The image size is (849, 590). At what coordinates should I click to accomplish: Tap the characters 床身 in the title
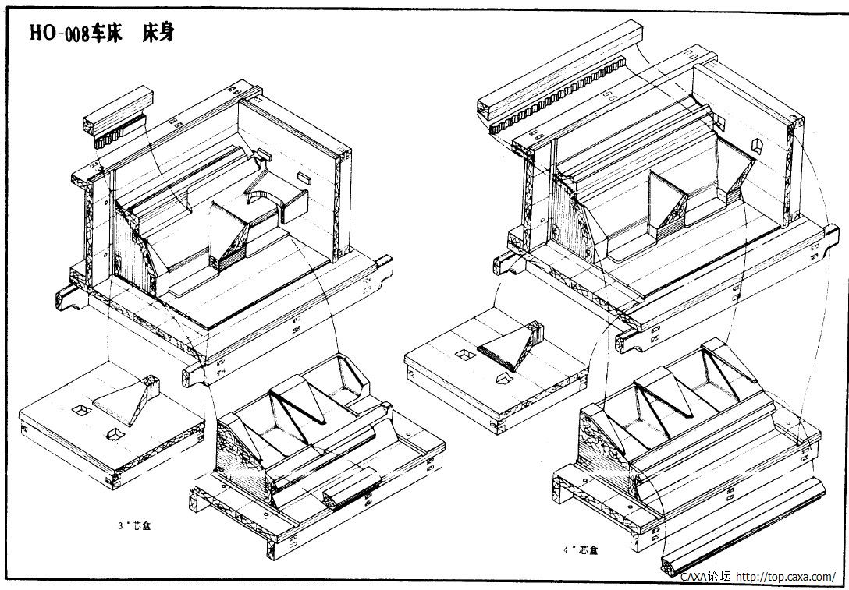pyautogui.click(x=159, y=33)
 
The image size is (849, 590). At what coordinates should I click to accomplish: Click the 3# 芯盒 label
pyautogui.click(x=132, y=525)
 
